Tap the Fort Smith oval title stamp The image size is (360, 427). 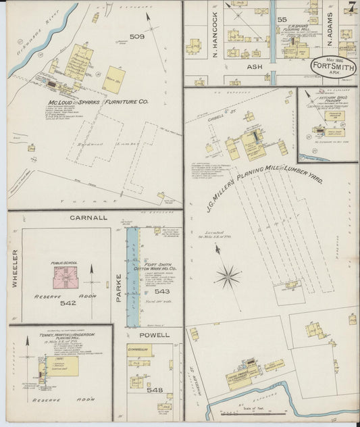click(x=334, y=66)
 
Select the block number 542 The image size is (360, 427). click(x=68, y=303)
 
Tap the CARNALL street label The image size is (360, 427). click(x=88, y=218)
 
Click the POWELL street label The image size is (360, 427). click(x=155, y=334)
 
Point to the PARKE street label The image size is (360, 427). click(x=120, y=286)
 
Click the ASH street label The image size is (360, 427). click(x=255, y=68)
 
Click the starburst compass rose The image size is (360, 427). click(x=228, y=276)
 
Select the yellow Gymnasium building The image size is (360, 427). click(x=139, y=350)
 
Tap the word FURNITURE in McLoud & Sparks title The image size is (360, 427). click(x=112, y=102)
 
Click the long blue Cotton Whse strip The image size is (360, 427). click(x=133, y=277)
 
